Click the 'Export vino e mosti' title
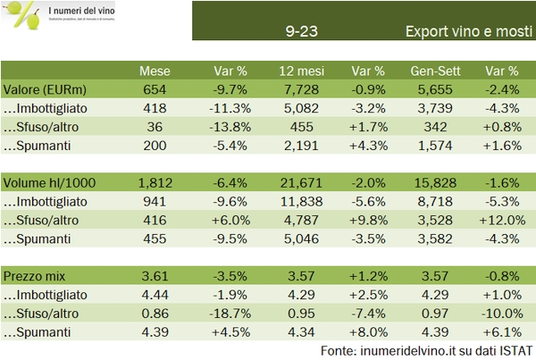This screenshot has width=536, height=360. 462,30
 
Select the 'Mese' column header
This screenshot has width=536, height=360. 155,71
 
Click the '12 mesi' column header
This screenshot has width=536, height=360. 299,71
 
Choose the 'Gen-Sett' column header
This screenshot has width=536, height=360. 436,71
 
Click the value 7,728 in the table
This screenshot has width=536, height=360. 299,89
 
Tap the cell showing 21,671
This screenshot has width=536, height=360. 299,182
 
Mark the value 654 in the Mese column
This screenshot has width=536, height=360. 155,89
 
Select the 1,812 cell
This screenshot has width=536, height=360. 155,182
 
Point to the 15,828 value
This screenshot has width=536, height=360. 436,182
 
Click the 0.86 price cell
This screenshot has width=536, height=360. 155,313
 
